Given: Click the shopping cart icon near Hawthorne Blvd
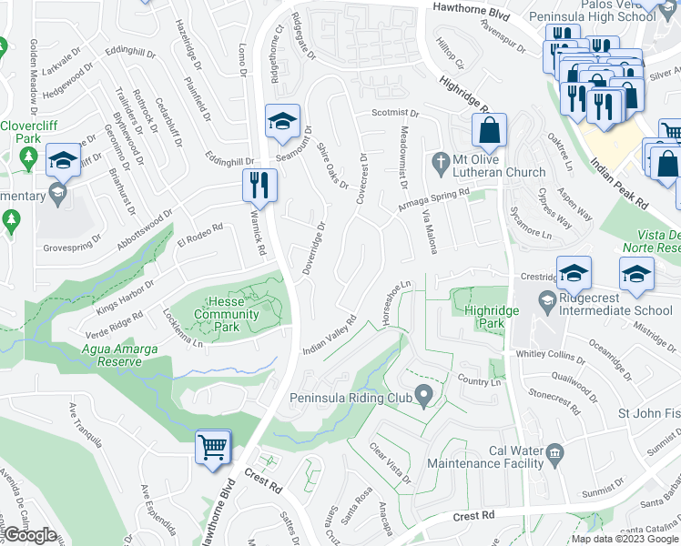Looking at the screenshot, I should tap(213, 447).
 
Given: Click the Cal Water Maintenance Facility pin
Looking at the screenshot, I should tap(554, 452).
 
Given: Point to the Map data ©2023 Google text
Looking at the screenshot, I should tap(625, 539).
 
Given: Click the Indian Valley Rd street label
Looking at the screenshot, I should tap(329, 337).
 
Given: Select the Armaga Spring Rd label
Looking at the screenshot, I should tap(432, 199).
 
